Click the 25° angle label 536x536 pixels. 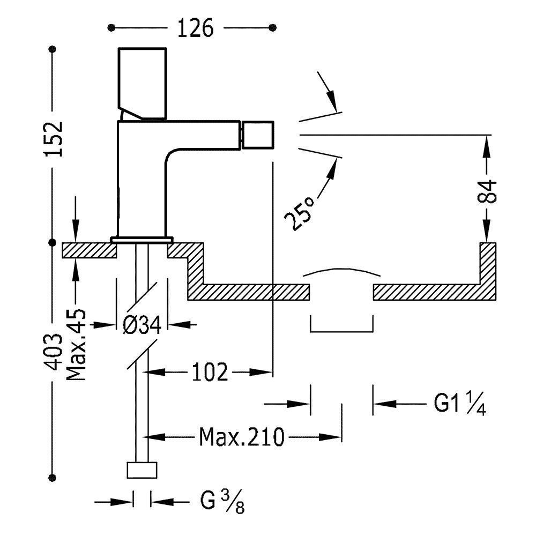tap(299, 213)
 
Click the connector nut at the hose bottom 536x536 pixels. tap(142, 470)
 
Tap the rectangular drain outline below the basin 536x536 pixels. tap(341, 325)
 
